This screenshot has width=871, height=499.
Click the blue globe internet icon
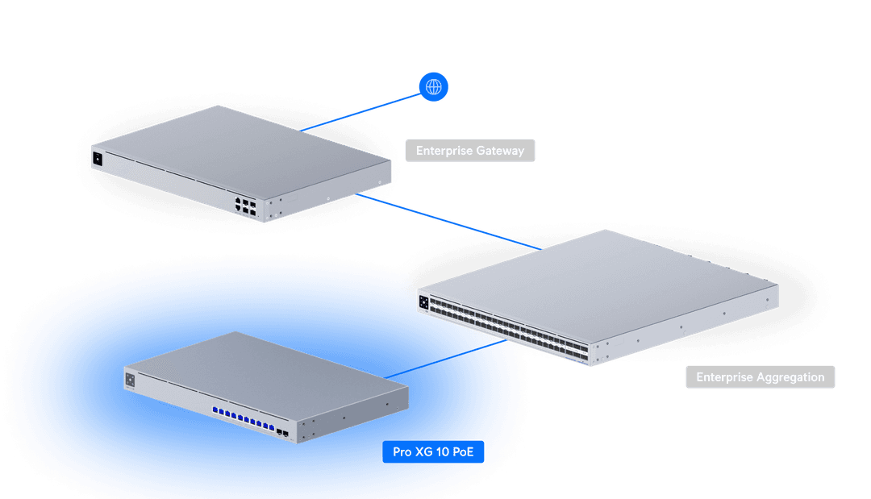tap(434, 86)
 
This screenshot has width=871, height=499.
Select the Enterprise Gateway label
tap(470, 151)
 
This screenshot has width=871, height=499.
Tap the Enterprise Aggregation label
tap(760, 377)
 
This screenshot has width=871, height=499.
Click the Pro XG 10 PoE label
tap(433, 452)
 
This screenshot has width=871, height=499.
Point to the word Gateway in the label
tap(500, 151)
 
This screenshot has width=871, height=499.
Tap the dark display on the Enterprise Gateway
tap(98, 159)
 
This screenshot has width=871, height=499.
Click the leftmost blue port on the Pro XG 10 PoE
tap(215, 411)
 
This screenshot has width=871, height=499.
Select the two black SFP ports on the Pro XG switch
tap(283, 433)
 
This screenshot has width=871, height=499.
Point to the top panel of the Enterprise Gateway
tap(242, 145)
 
